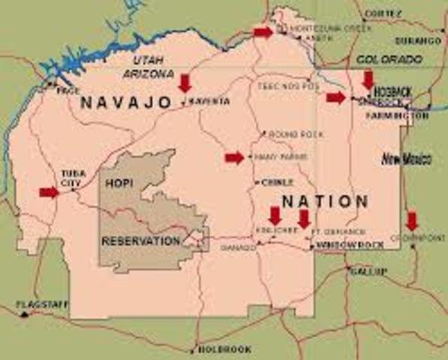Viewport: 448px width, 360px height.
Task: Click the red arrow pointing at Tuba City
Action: pyautogui.click(x=49, y=193)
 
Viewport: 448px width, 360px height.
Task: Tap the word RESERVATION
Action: pyautogui.click(x=140, y=241)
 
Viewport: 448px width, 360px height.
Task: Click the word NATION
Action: pyautogui.click(x=325, y=201)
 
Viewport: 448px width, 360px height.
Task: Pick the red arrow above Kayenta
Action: pyautogui.click(x=185, y=82)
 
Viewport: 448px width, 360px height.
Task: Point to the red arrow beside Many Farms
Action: pyautogui.click(x=234, y=157)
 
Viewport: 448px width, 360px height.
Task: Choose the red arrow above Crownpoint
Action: pyautogui.click(x=411, y=221)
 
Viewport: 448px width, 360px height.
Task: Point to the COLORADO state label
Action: pyautogui.click(x=389, y=58)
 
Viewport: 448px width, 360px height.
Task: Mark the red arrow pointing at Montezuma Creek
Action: pyautogui.click(x=263, y=31)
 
